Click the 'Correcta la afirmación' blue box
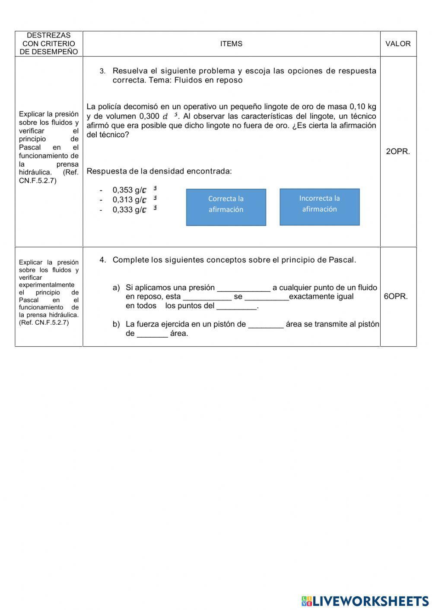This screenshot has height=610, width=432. coord(226,207)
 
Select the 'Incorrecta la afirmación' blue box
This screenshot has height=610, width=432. coord(319,207)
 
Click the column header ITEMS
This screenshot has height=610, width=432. coord(231,44)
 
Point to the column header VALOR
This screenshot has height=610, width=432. coord(398,44)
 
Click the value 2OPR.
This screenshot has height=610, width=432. coord(398,152)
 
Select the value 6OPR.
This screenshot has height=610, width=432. coord(396,297)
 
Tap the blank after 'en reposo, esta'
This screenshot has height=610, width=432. coord(207,297)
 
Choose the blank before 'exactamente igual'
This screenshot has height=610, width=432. coord(267,297)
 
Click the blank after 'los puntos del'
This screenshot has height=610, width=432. coord(236,307)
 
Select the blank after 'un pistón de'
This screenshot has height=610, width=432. coord(266,325)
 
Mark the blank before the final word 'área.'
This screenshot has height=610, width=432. coord(152,334)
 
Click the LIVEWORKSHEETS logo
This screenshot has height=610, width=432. coord(365,601)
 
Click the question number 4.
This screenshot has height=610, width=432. coord(102,260)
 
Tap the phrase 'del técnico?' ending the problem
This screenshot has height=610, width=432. coord(108,135)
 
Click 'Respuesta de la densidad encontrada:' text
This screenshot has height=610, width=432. coord(159,171)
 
